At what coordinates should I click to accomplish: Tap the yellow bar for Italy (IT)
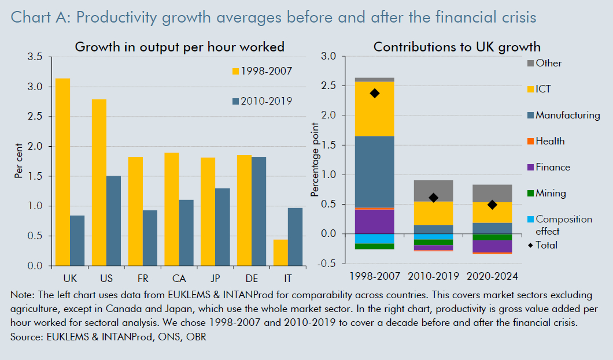280,253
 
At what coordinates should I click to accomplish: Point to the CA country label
172,277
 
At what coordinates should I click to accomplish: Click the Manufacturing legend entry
567,115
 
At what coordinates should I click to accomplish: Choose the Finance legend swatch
530,168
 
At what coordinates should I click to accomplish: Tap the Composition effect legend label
564,225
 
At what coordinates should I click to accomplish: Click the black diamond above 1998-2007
375,93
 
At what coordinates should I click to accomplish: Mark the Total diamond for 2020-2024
492,205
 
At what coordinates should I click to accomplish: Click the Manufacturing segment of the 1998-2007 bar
375,172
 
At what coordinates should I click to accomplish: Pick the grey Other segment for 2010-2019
433,191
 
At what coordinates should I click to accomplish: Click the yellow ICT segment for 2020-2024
492,212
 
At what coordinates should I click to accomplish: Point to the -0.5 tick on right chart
328,263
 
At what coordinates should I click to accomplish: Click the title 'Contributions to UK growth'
457,47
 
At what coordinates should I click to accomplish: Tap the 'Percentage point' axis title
315,160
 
